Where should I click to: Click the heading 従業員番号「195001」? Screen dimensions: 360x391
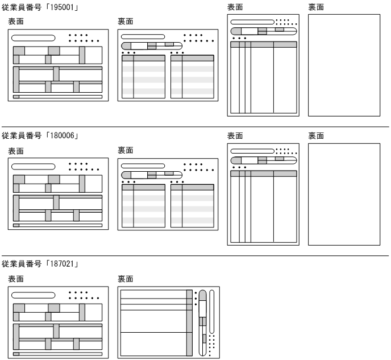point(40,7)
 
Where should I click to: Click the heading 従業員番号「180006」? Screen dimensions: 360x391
point(40,136)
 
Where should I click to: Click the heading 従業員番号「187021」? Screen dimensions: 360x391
point(40,265)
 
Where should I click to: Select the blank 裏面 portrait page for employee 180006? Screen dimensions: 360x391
point(344,194)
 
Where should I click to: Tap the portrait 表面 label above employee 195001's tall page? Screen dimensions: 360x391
point(235,7)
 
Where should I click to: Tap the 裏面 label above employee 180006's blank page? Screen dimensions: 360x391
point(316,136)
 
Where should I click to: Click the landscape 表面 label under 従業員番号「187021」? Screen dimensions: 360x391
point(16,279)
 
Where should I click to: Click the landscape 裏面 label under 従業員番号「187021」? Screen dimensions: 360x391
point(126,279)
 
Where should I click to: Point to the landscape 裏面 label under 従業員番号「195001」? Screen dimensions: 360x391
point(126,21)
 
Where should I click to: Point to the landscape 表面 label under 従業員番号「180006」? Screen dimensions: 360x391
point(16,151)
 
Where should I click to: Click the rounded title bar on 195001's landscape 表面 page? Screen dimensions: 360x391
point(34,38)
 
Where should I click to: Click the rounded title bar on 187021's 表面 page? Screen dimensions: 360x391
point(34,296)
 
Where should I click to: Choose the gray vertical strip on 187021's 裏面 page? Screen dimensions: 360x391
point(190,321)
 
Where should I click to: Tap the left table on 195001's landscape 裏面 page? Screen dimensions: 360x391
point(143,77)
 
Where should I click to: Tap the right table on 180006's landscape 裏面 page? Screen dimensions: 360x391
point(192,206)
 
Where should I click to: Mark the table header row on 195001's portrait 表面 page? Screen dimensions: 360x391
point(264,44)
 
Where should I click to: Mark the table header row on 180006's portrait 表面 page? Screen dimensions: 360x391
point(264,173)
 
